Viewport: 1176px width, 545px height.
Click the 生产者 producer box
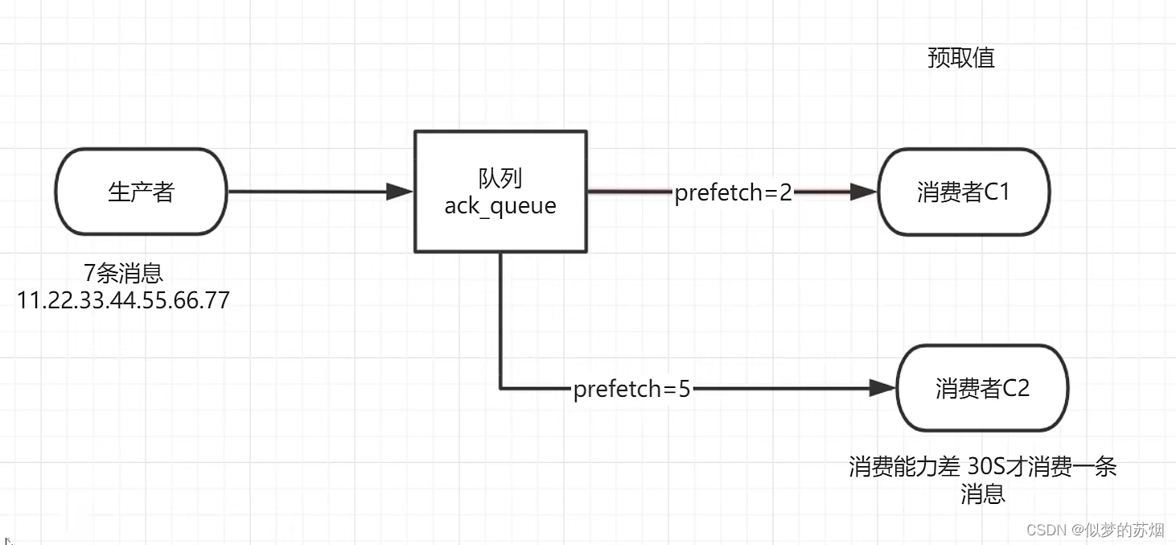tap(141, 192)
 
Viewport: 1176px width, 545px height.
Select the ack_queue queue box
tap(500, 192)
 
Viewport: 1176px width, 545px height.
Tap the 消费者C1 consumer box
tap(964, 192)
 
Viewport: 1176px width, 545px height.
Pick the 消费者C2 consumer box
tap(982, 389)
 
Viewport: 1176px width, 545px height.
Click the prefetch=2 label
tap(733, 192)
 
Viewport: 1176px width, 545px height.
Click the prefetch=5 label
tap(631, 390)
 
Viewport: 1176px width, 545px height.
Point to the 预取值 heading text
tap(960, 58)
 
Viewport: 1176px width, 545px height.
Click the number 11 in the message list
tap(29, 300)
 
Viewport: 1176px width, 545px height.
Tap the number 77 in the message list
tap(216, 300)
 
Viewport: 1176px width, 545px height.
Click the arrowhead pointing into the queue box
tap(399, 192)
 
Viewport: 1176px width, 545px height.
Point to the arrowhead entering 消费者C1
tap(863, 192)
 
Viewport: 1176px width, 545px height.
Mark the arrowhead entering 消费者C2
tap(882, 390)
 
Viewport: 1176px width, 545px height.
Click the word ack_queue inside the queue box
tap(500, 206)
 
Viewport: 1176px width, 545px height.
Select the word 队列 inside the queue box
tap(500, 178)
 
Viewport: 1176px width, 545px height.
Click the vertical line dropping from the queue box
tap(500, 322)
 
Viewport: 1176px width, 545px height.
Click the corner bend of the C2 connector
tap(501, 389)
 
